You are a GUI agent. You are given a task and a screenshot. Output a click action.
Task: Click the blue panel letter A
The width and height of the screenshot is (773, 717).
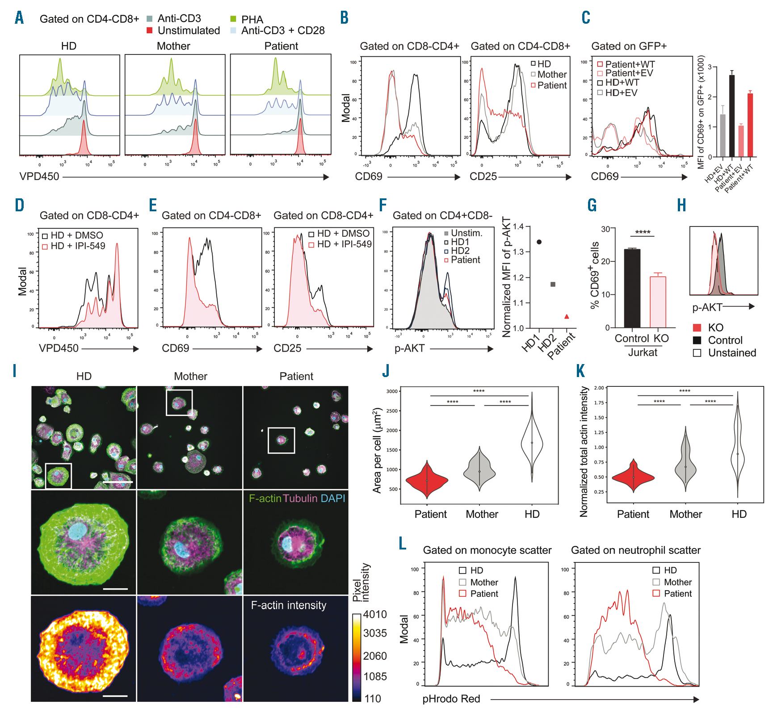tap(19, 18)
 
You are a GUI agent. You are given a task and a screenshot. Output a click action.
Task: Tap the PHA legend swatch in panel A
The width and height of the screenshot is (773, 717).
tap(233, 19)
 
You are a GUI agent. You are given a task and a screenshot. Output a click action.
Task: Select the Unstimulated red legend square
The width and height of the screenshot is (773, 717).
tap(150, 30)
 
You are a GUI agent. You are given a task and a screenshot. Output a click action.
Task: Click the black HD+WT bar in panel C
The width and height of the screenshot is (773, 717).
tap(731, 116)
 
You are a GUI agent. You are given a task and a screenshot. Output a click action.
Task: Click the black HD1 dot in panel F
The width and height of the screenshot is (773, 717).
tap(539, 242)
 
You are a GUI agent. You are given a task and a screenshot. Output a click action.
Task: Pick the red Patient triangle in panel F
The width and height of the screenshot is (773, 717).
tap(567, 316)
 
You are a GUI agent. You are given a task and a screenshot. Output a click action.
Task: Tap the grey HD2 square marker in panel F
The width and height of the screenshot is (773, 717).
tap(553, 284)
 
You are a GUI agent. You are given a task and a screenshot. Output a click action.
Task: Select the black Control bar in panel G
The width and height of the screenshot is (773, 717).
tap(632, 288)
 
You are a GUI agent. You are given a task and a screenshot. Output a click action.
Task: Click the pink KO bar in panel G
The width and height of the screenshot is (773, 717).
tap(658, 302)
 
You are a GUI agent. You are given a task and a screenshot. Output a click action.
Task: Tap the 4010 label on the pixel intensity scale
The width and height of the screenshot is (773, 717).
tap(375, 614)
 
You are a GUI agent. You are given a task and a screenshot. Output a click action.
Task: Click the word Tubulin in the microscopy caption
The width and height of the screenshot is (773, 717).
tap(300, 498)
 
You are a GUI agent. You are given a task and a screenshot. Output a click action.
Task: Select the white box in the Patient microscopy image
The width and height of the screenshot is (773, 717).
tap(281, 440)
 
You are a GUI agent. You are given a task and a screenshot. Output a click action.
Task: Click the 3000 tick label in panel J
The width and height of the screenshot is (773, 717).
tap(392, 391)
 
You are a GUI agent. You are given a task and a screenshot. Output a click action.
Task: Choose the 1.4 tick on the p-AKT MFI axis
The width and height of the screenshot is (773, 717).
tap(518, 226)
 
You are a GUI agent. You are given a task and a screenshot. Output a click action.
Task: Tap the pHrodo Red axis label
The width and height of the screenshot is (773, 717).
tap(451, 699)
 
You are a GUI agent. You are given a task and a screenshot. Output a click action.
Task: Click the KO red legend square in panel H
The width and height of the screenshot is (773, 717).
tap(697, 327)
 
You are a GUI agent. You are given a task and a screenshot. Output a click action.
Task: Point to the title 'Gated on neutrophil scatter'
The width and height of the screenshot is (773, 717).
tap(635, 550)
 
